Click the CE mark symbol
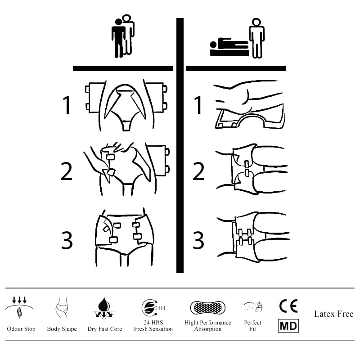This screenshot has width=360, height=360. (288, 306)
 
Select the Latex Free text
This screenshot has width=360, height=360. (333, 314)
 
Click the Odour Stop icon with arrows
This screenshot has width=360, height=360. (19, 307)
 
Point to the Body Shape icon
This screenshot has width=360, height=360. (62, 308)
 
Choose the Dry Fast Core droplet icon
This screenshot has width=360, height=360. (104, 308)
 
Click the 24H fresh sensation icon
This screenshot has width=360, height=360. (153, 308)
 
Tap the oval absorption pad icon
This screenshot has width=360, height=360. (207, 308)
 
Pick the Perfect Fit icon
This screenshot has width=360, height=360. (253, 307)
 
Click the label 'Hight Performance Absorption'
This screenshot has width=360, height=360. (207, 326)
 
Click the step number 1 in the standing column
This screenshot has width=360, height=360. (67, 106)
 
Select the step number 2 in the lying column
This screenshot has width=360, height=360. (198, 171)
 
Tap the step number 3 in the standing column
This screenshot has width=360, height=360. (67, 240)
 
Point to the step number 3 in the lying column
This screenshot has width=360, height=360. (198, 240)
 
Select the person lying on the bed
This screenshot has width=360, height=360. (229, 45)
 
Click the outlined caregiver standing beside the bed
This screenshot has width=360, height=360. (257, 38)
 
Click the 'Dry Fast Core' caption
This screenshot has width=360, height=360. (104, 329)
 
